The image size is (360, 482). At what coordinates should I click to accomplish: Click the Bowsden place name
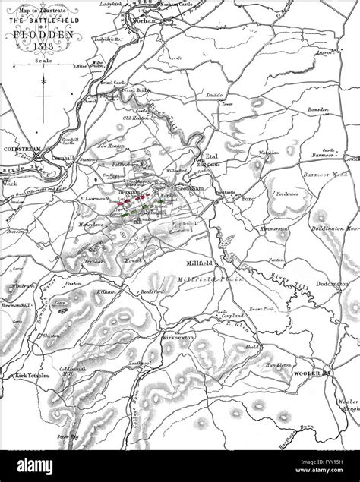[x=317, y=109]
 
